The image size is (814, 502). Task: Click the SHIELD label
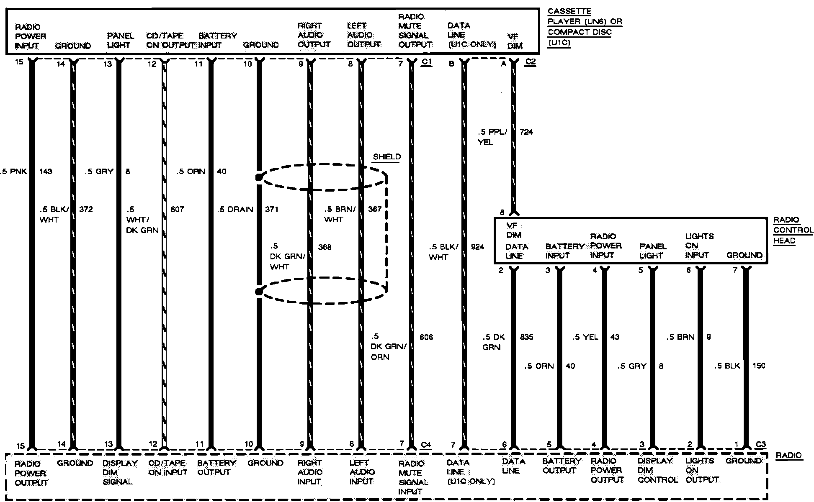386,157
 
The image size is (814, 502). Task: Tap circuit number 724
526,132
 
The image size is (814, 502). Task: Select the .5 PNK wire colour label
14,171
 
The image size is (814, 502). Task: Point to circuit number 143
46,171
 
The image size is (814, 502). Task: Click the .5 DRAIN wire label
235,209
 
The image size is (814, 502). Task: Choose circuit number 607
177,209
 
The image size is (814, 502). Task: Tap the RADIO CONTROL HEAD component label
793,230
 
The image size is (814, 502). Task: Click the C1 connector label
426,62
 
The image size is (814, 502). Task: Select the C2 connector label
530,62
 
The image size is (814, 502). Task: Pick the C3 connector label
761,445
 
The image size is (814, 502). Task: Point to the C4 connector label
426,445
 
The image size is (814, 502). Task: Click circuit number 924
477,247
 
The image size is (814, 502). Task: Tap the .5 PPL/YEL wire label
492,137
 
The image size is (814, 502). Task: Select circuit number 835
526,337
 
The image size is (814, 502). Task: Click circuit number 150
759,366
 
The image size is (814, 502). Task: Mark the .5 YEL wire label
585,337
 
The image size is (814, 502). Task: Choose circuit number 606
426,337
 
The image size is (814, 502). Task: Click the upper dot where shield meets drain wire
259,178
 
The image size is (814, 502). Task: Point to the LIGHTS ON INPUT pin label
697,246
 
